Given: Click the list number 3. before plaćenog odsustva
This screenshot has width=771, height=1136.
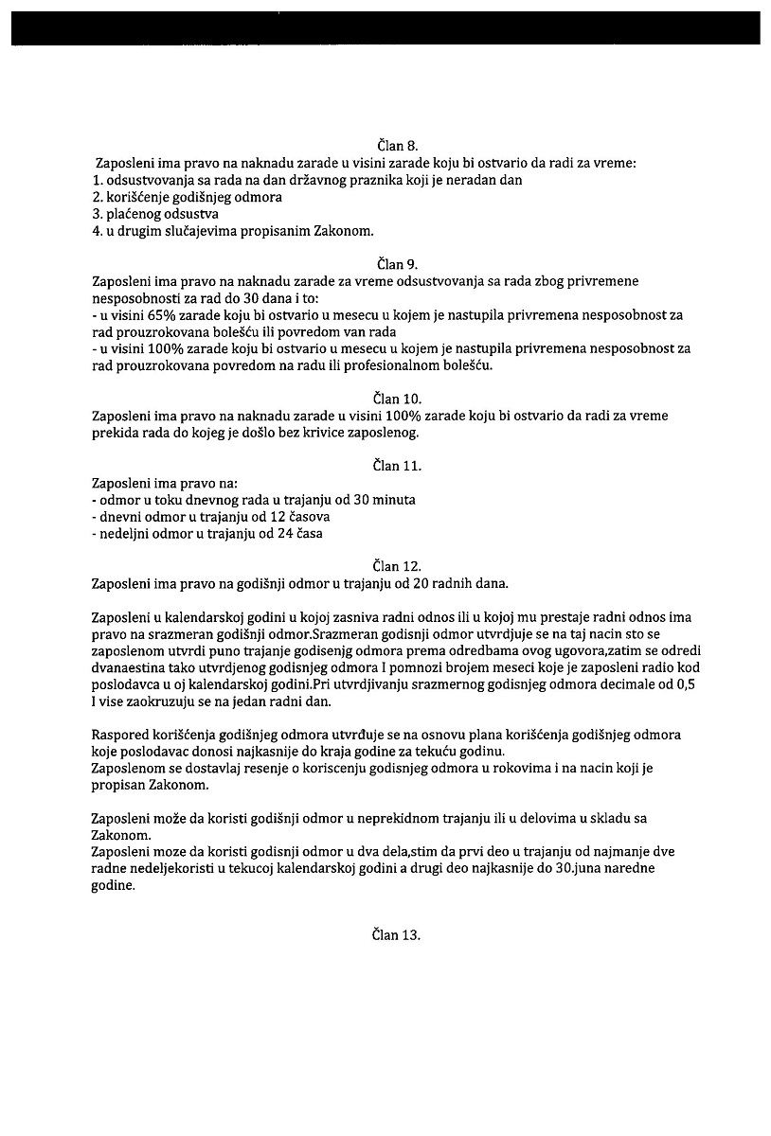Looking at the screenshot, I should pyautogui.click(x=98, y=214).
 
